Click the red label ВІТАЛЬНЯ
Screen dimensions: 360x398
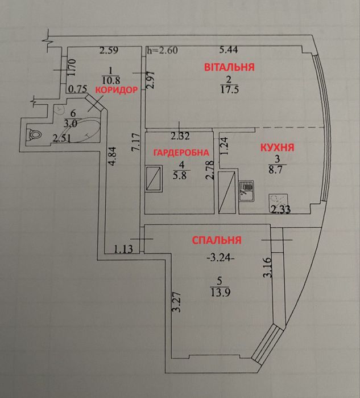click(x=229, y=67)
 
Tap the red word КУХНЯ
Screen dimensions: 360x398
click(x=278, y=147)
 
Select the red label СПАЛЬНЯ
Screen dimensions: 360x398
click(x=217, y=240)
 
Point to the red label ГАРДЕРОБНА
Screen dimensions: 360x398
click(x=181, y=153)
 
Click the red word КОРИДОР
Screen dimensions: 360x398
click(x=117, y=90)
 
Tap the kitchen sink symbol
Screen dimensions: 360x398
click(x=246, y=191)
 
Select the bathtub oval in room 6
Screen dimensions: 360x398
click(x=81, y=130)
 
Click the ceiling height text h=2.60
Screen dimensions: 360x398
click(x=163, y=50)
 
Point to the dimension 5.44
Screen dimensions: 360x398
click(x=229, y=50)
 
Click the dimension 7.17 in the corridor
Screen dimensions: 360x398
click(x=136, y=142)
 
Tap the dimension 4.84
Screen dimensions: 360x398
click(x=113, y=156)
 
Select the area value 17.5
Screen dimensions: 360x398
click(x=229, y=90)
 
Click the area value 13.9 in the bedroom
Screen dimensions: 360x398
click(x=220, y=293)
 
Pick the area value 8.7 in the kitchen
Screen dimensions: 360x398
click(x=275, y=169)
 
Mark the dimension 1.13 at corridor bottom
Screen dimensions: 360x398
click(x=123, y=249)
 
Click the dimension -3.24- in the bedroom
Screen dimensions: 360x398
click(x=220, y=258)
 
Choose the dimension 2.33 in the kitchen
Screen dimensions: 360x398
click(x=280, y=210)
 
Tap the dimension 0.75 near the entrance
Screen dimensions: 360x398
click(x=78, y=89)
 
